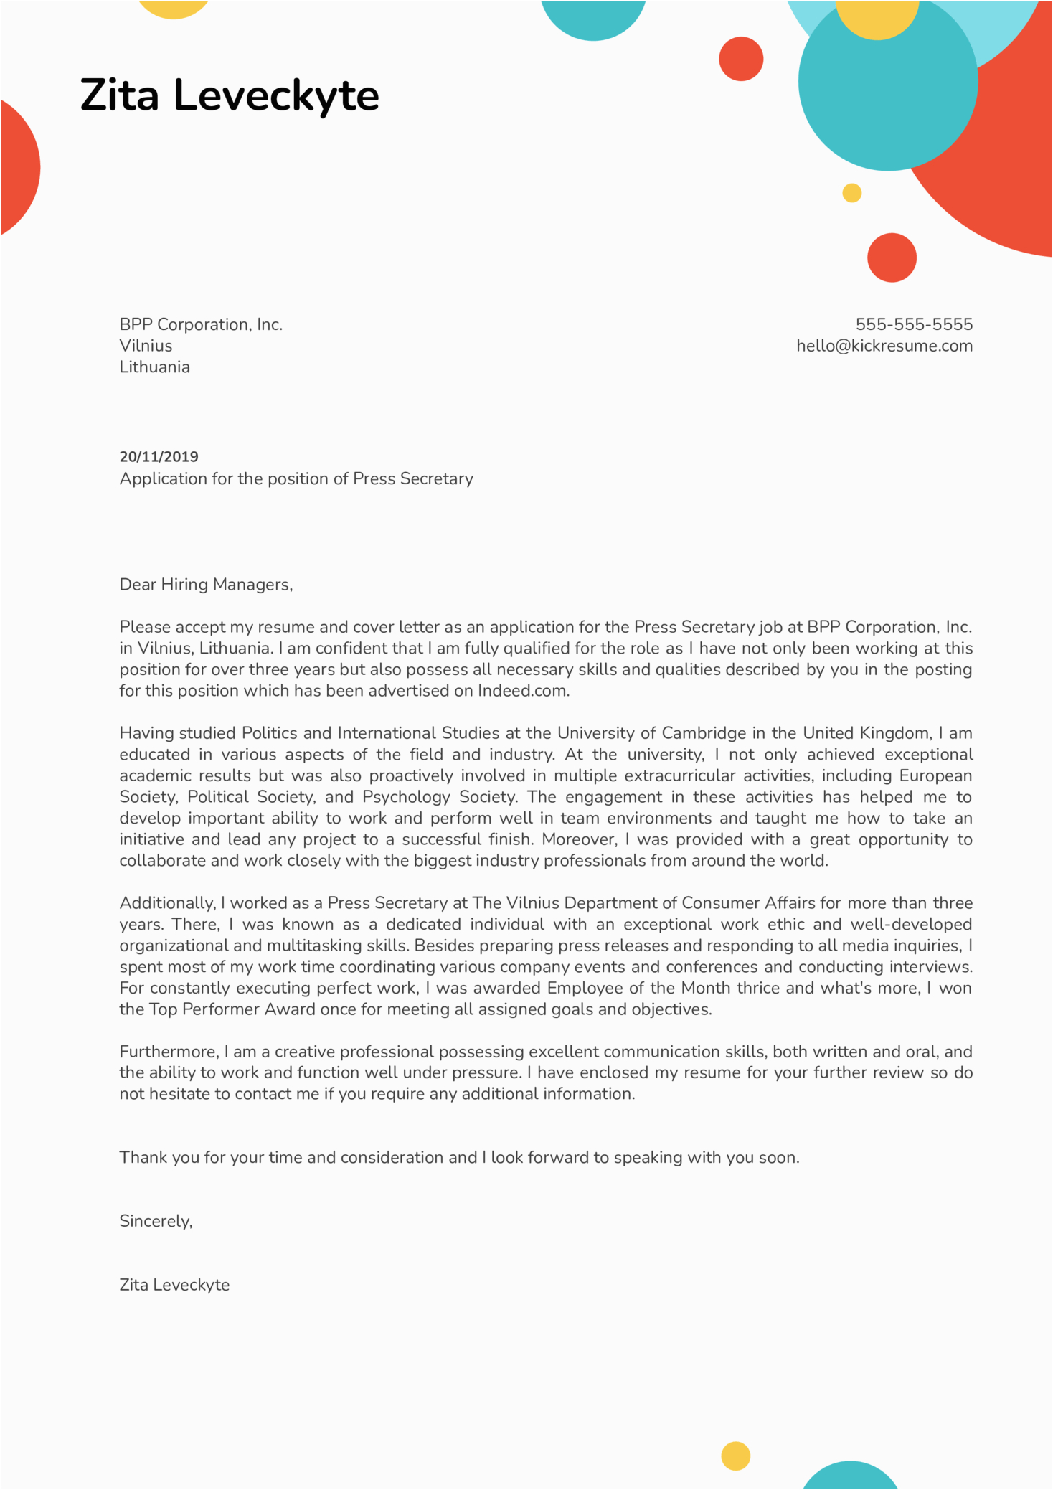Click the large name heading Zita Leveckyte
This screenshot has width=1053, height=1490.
click(x=230, y=95)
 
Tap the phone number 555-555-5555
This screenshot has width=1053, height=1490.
click(x=914, y=324)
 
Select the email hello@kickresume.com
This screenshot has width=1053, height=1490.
click(x=884, y=346)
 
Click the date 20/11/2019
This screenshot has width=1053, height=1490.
click(x=159, y=457)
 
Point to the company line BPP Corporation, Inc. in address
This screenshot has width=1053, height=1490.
click(x=201, y=324)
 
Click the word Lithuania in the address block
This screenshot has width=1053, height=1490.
click(x=154, y=367)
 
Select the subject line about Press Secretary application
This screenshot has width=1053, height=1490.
click(x=296, y=478)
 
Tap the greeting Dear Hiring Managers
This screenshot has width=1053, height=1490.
click(x=206, y=585)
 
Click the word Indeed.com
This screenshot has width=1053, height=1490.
click(x=524, y=691)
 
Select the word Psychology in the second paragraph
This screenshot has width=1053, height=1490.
click(x=406, y=797)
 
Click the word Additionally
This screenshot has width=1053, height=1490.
click(x=167, y=903)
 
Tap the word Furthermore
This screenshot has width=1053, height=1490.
click(x=169, y=1052)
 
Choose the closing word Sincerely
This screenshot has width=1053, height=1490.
click(x=156, y=1221)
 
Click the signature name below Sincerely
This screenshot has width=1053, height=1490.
click(x=174, y=1285)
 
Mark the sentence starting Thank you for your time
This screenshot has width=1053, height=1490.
click(x=459, y=1157)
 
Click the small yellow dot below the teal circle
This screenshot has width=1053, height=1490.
click(x=851, y=193)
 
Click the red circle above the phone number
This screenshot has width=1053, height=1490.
click(x=892, y=258)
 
